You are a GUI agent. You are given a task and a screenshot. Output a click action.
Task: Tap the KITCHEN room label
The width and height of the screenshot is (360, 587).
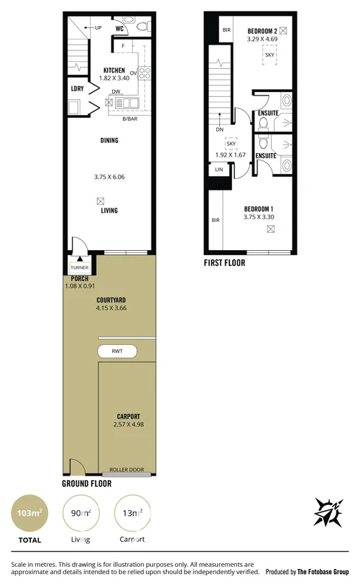pos(114,70)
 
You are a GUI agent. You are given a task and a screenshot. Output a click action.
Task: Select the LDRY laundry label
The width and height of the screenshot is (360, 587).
pos(77,88)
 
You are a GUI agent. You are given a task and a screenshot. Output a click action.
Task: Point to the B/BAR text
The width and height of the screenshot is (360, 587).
pos(129,119)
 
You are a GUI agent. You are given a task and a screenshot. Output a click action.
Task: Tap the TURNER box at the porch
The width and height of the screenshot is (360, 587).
pos(78,267)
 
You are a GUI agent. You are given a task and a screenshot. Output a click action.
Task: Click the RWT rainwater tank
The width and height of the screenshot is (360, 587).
pos(117,351)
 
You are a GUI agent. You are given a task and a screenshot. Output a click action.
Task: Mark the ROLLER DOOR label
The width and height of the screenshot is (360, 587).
pos(126,470)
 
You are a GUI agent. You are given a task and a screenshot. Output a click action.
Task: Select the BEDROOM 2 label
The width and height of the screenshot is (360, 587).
pos(262,31)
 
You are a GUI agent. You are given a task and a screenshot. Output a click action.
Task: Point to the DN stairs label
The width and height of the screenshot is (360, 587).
pos(218,130)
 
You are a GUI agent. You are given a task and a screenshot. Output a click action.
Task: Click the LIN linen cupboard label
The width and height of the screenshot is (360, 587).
pos(218,170)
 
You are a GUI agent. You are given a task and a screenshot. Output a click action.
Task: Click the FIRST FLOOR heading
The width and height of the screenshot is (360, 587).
pos(224,263)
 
